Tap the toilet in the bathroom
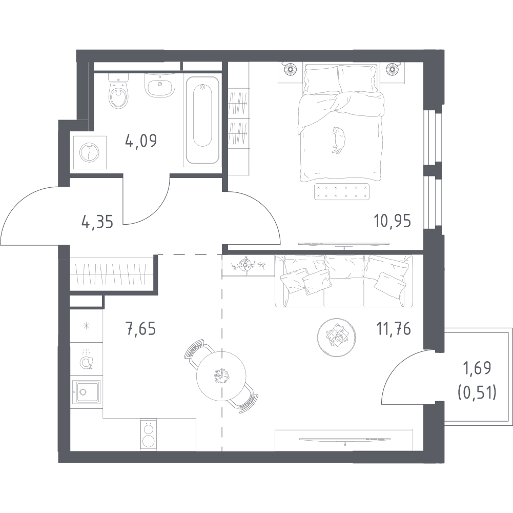pyautogui.click(x=118, y=91)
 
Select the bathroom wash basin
pyautogui.click(x=160, y=85)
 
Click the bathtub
pyautogui.click(x=202, y=120)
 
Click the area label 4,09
pyautogui.click(x=141, y=141)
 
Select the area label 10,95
pyautogui.click(x=392, y=221)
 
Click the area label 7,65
pyautogui.click(x=140, y=328)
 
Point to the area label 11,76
pyautogui.click(x=394, y=328)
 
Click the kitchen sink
pyautogui.click(x=86, y=392)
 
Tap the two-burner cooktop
pyautogui.click(x=149, y=435)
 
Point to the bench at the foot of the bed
pyautogui.click(x=342, y=192)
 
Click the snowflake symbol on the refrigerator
pyautogui.click(x=87, y=326)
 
